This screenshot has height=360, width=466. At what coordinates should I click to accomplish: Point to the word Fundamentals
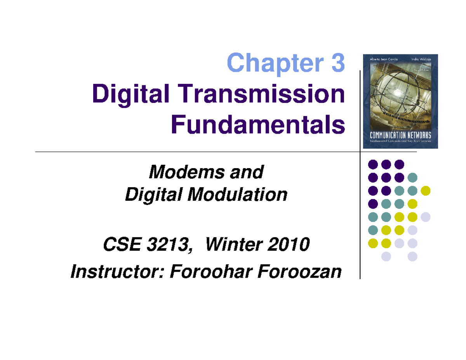coord(257,125)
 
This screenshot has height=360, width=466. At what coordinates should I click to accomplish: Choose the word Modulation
coord(238,194)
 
